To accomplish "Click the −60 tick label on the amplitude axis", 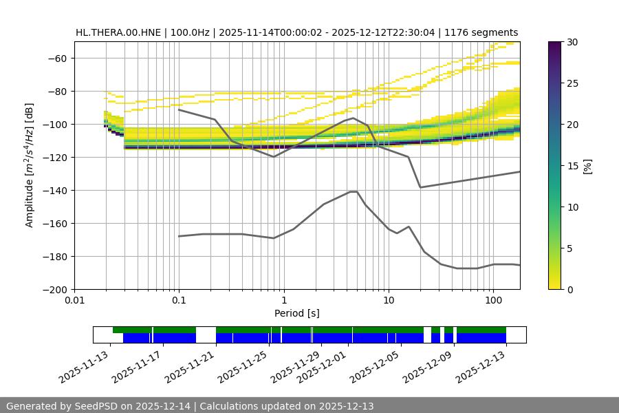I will tap(57, 59).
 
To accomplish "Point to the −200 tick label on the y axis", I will tap(54, 290).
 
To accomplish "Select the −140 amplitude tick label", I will tap(54, 191).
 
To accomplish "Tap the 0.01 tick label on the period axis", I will tap(74, 301).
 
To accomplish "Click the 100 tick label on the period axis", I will tap(493, 301).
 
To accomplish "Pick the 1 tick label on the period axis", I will tap(283, 301).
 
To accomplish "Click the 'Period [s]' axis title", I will tap(297, 313).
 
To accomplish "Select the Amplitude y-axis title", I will tap(30, 165).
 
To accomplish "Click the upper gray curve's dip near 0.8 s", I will tap(274, 157).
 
